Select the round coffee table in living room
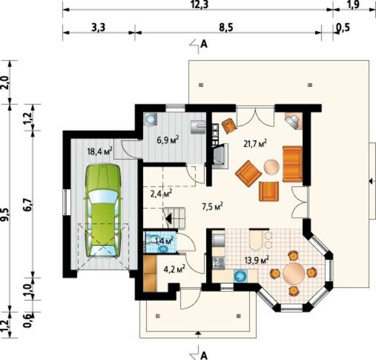tap(271, 167)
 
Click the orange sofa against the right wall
tap(292, 164)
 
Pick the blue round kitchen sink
tap(240, 276)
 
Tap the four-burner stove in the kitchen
tap(218, 263)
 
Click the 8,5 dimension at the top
tap(226, 27)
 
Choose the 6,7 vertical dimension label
tap(28, 205)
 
